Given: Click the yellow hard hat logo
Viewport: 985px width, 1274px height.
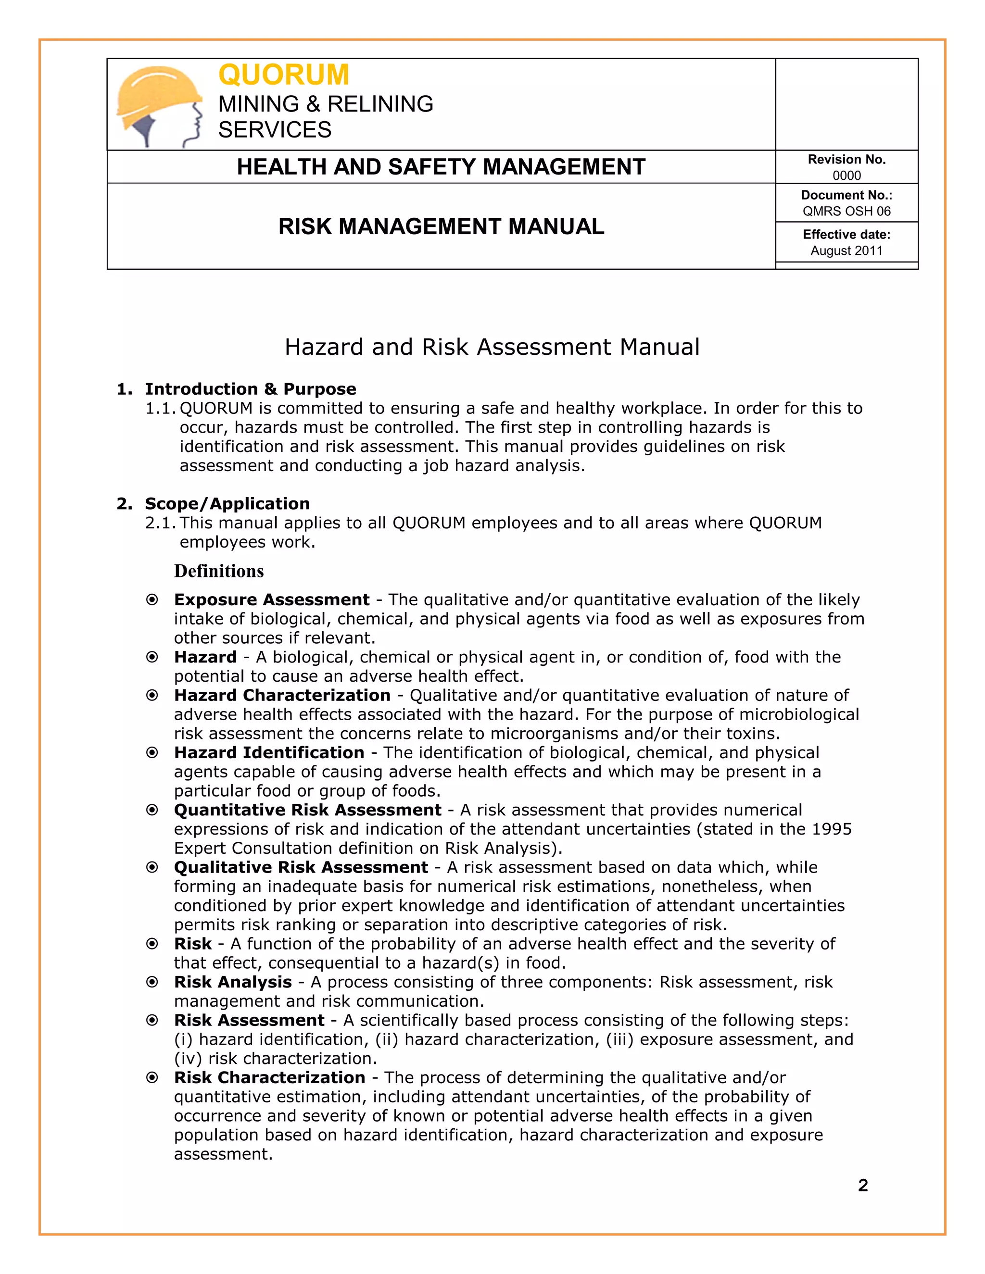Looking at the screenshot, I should (x=159, y=105).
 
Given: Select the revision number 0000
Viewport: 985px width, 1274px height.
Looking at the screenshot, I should (x=846, y=175).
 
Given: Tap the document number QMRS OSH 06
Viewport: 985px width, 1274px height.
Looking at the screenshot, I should (x=846, y=211).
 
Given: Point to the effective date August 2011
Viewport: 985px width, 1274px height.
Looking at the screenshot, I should (x=846, y=251).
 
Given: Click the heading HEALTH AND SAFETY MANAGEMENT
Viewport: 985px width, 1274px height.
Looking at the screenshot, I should (x=441, y=167).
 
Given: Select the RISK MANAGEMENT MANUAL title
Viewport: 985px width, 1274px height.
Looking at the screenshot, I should (x=441, y=226).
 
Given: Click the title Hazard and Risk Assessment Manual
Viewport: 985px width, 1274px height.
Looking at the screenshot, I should (x=492, y=347).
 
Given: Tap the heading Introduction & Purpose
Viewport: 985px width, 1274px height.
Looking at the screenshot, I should (x=250, y=389).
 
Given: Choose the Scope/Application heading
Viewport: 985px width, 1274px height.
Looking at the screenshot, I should (x=227, y=503).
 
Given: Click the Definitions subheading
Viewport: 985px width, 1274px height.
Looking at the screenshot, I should (x=219, y=571).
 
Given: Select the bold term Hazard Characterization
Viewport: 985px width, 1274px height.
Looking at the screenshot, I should (x=282, y=695).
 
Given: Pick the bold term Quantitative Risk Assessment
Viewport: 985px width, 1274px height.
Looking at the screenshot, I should (x=307, y=810).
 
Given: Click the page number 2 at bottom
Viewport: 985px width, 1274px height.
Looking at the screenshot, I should (x=863, y=1186).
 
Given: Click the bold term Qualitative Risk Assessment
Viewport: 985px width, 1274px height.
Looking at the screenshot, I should (x=301, y=867).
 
